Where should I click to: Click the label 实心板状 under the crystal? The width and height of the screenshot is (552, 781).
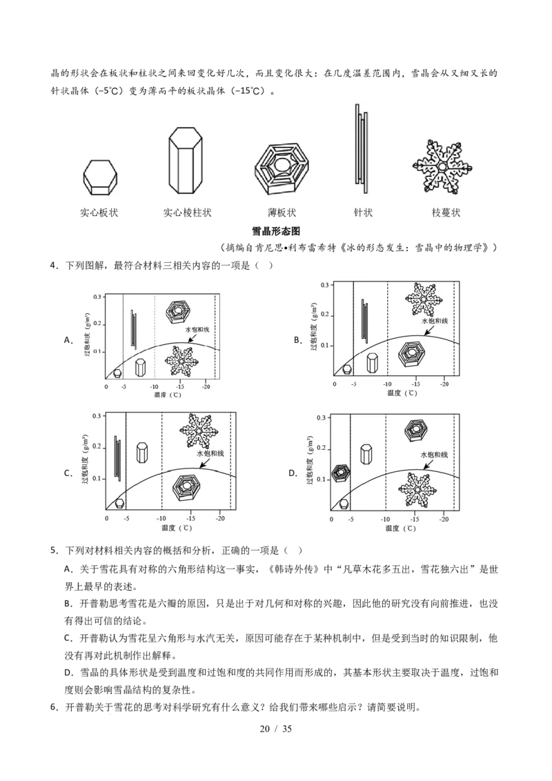99,212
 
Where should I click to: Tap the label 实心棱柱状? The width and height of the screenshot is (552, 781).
187,212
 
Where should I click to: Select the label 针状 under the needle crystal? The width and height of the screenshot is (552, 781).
363,212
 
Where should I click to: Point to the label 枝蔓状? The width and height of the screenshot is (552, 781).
446,212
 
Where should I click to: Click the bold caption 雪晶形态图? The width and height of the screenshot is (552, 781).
276,231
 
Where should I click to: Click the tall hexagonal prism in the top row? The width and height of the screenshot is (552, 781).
186,161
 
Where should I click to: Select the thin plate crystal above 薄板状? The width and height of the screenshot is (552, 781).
282,169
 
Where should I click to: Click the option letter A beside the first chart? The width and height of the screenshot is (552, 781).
68,340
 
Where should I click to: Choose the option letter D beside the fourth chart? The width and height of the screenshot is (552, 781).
293,473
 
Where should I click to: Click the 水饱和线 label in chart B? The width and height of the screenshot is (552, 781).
435,321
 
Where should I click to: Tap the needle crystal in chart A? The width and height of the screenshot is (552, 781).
134,328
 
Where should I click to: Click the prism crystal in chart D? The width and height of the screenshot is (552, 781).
366,455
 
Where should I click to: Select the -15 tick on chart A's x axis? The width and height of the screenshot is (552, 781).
180,386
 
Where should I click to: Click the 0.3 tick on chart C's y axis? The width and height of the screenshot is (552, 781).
97,415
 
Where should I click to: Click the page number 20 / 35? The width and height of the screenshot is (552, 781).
275,729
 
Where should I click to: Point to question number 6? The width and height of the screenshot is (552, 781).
55,707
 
